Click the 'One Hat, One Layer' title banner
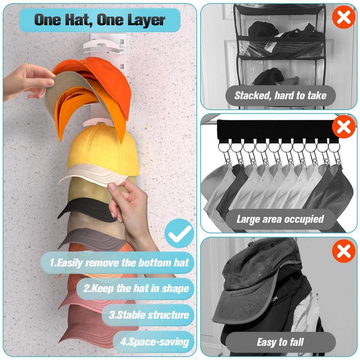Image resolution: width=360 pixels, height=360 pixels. (99, 20)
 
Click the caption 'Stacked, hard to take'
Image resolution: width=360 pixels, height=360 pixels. (280, 95)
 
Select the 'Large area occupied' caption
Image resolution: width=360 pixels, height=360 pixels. (280, 219)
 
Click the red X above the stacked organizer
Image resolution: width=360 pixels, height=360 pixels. (343, 18)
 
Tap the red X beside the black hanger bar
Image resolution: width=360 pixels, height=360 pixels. (344, 127)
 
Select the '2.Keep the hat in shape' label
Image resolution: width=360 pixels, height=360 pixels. (132, 288)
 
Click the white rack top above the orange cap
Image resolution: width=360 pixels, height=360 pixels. (108, 43)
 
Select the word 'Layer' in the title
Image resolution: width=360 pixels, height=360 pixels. (144, 20)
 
